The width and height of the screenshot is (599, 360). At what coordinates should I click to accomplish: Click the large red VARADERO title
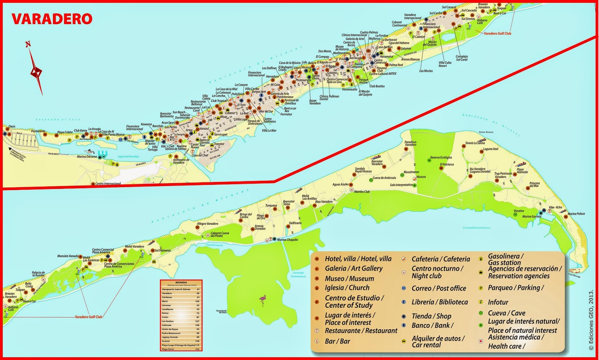pos(52,19)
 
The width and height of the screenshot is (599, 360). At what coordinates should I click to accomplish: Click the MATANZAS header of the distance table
pos(181,282)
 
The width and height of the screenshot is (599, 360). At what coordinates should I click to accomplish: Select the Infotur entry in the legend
pos(498,302)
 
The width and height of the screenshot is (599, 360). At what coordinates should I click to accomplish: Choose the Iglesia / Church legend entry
pos(347,288)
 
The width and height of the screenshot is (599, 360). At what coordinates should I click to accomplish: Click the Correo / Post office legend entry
pos(438,288)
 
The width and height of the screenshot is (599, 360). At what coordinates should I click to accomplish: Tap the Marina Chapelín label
pos(287,240)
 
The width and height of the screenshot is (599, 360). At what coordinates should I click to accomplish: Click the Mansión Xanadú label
pos(68,256)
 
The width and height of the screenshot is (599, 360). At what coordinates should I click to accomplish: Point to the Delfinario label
pos(295,223)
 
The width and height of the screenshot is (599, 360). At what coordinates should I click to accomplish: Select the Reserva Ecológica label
pos(441,158)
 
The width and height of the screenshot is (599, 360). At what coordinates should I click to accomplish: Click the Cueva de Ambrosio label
pos(384,178)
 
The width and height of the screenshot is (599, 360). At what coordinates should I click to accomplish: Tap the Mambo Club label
pos(362,191)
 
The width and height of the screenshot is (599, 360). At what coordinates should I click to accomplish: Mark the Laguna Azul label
pos(490,149)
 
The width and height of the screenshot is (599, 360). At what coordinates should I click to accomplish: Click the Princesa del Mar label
pos(534,184)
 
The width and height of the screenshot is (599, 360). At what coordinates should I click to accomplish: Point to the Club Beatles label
pos(377,86)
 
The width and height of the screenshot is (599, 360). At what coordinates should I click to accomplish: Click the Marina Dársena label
pos(86,157)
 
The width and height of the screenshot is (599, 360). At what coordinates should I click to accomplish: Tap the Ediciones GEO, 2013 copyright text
pos(591,320)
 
